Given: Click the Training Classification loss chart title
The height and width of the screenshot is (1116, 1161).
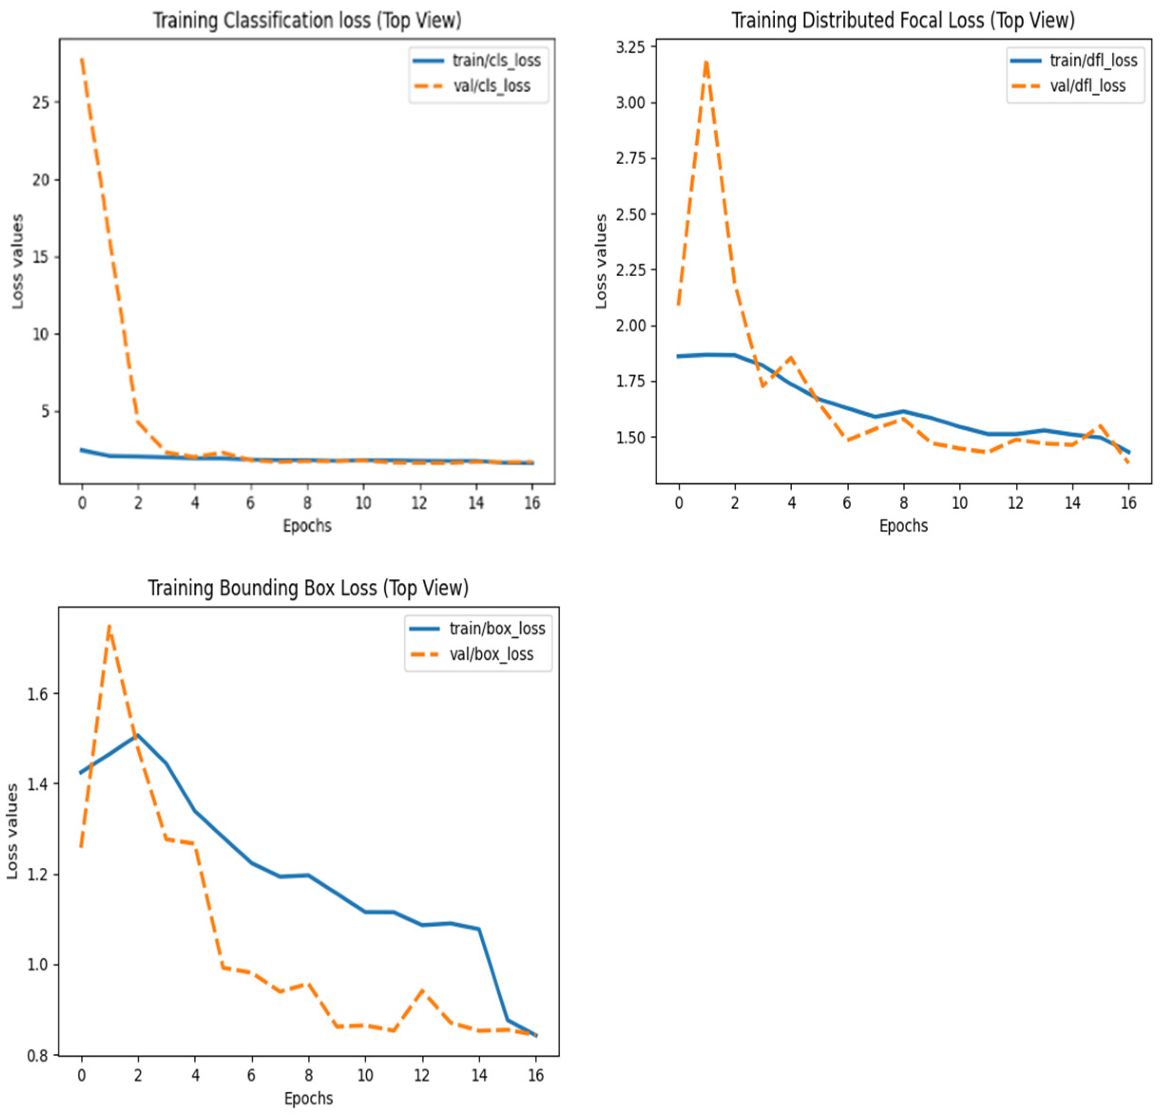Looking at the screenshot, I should [307, 21].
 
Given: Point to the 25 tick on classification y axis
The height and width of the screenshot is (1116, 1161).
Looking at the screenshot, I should [41, 103].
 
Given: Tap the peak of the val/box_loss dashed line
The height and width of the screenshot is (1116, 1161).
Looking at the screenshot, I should [109, 626].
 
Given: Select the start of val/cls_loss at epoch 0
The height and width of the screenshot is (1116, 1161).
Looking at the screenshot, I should [82, 58].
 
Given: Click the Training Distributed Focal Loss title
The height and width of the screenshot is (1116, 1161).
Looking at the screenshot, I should [903, 21].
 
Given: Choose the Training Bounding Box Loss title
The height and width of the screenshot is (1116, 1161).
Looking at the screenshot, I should [308, 588].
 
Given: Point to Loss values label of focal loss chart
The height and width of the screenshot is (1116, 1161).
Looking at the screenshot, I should [601, 261].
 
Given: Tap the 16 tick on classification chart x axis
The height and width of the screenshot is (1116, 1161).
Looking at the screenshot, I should [532, 503].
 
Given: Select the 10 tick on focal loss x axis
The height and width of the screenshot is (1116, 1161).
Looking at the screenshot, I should [960, 503].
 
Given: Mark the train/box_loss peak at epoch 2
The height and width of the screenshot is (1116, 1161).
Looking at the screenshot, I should [137, 735].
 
